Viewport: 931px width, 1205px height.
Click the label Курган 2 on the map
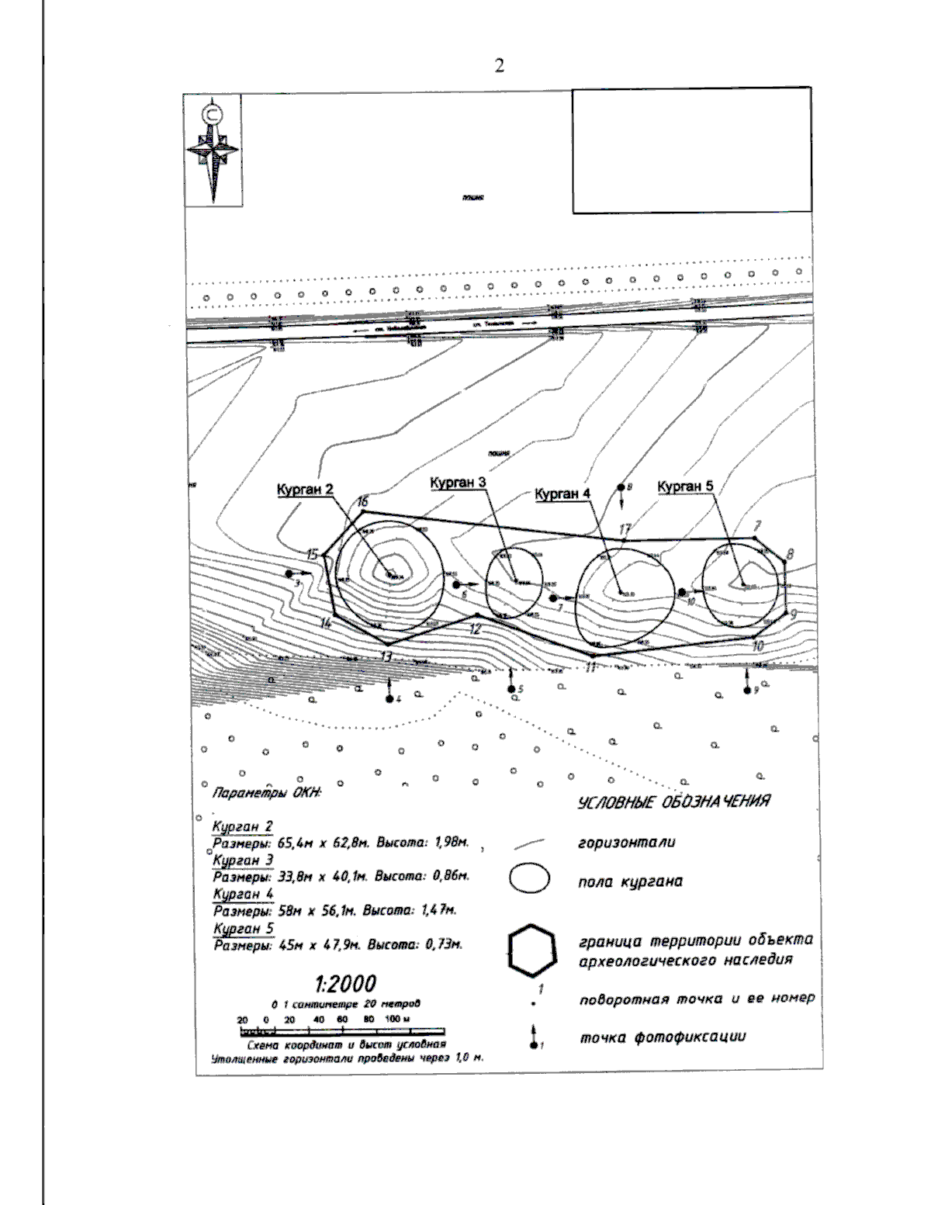(305, 489)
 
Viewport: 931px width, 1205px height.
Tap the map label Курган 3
(458, 483)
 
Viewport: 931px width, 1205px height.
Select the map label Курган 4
(562, 493)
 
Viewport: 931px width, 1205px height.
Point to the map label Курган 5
(685, 487)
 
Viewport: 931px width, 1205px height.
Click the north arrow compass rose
(213, 149)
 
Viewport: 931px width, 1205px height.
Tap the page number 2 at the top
(499, 66)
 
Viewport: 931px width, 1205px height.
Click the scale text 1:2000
(345, 984)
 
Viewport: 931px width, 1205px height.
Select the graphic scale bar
(342, 1031)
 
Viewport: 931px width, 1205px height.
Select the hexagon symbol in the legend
(532, 948)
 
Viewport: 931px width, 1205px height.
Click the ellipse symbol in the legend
(530, 879)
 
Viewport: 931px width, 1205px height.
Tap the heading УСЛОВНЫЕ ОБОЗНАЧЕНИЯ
(673, 802)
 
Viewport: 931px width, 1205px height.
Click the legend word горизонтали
(626, 843)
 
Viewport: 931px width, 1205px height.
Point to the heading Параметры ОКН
(266, 793)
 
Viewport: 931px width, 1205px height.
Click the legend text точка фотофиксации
(663, 1037)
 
